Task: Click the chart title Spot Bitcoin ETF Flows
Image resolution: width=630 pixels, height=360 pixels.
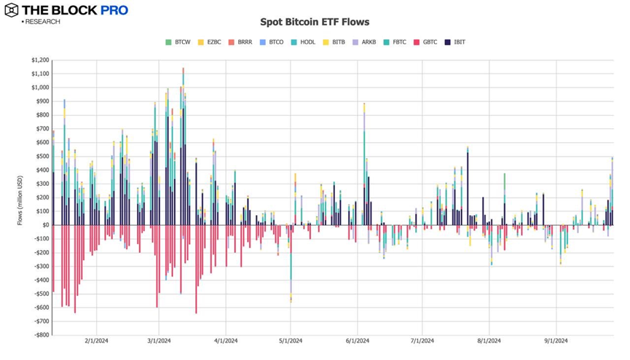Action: (315, 23)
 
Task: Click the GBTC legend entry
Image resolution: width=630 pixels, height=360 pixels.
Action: (425, 42)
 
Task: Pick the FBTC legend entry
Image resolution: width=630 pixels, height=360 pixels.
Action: (394, 42)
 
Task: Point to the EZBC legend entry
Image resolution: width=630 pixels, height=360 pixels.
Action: (208, 42)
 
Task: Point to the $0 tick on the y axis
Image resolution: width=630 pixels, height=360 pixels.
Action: (46, 225)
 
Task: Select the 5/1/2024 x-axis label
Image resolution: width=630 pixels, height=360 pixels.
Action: (291, 340)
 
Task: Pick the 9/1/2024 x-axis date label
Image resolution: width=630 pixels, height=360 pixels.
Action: (556, 340)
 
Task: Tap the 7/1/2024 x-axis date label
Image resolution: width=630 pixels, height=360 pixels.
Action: (422, 340)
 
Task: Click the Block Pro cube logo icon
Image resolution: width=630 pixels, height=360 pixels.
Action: (12, 10)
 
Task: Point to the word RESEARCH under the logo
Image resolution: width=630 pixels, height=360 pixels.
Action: (42, 22)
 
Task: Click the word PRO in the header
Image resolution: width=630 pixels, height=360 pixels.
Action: (114, 10)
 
